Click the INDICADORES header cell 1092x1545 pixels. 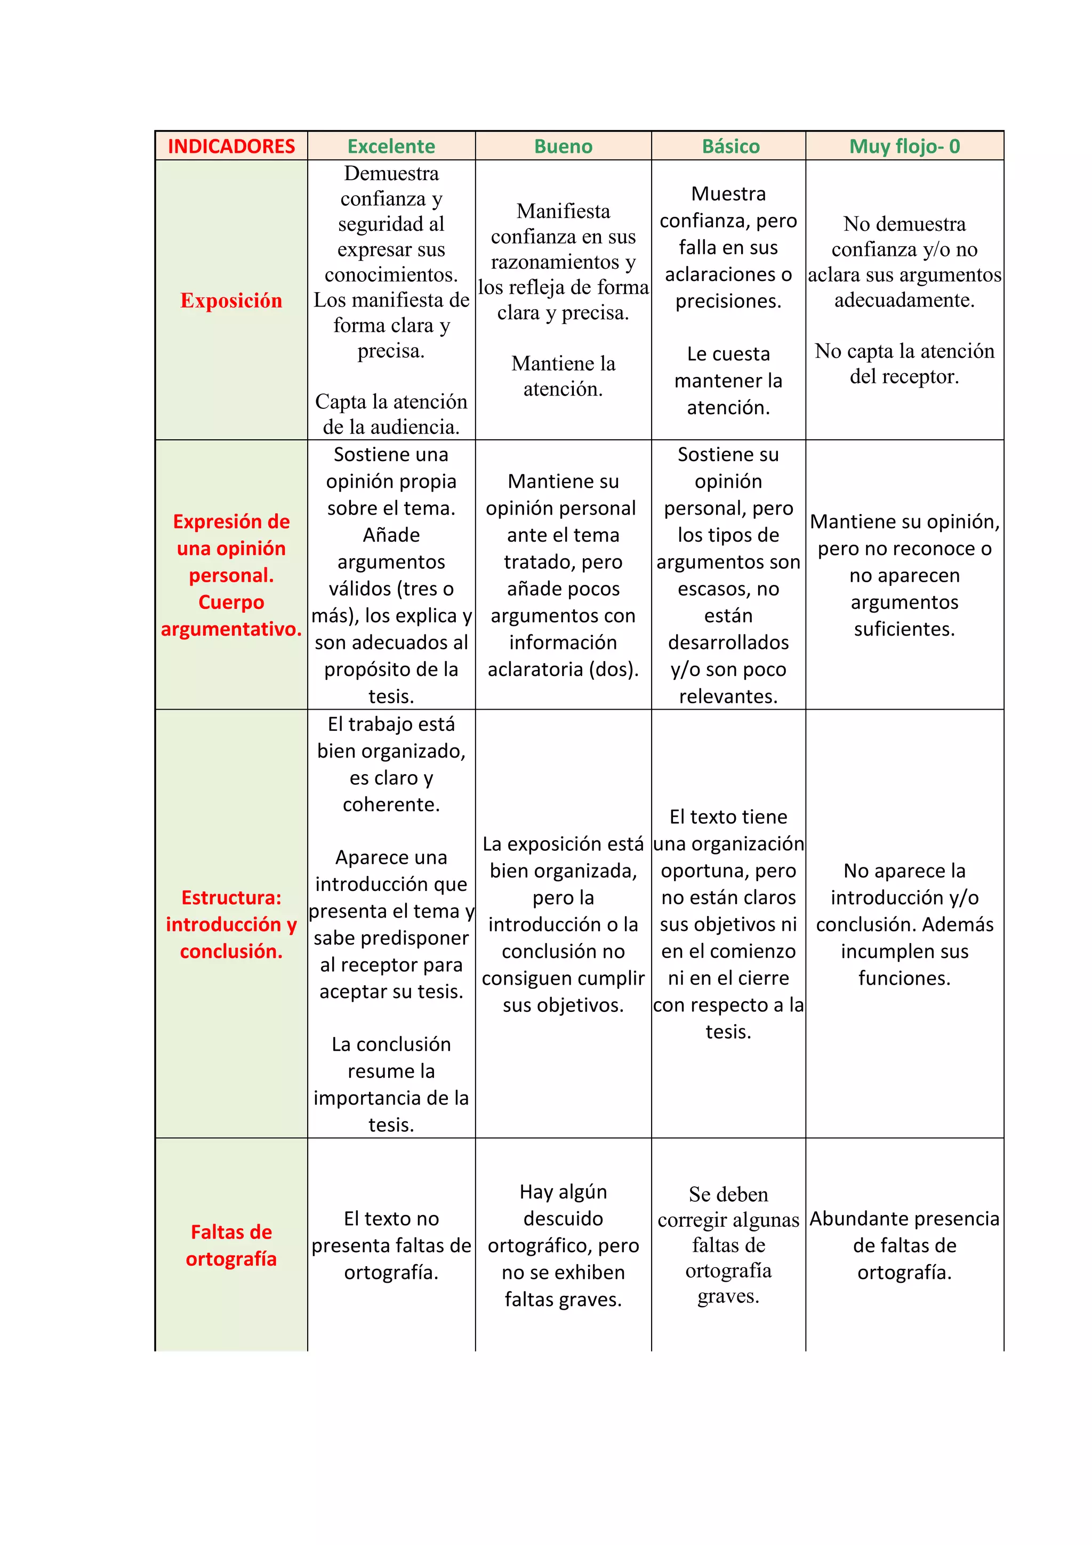(x=231, y=146)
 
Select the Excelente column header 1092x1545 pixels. (x=391, y=146)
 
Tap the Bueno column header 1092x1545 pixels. (x=563, y=146)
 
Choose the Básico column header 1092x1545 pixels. (x=730, y=146)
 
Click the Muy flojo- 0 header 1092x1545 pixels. (x=904, y=146)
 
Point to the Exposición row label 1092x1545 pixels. (x=231, y=300)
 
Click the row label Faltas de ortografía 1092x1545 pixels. (x=231, y=1245)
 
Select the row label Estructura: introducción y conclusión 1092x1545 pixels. (x=231, y=924)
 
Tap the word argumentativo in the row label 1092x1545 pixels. (x=231, y=629)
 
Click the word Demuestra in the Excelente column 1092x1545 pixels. (x=391, y=174)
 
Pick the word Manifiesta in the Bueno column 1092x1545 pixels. (x=563, y=211)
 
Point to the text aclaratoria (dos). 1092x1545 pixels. (x=563, y=669)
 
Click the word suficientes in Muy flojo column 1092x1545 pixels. (x=904, y=629)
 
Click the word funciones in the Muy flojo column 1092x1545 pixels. (x=904, y=978)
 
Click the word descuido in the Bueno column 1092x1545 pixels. (x=563, y=1219)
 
